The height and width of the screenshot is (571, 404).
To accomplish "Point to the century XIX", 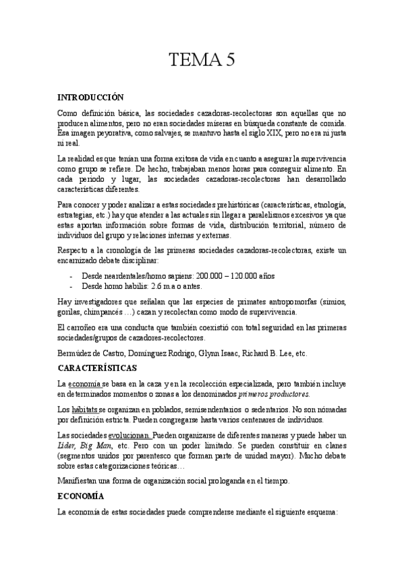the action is (258, 133).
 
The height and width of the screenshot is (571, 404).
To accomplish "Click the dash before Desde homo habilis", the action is (71, 285).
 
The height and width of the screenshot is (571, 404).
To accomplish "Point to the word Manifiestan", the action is (80, 481).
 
